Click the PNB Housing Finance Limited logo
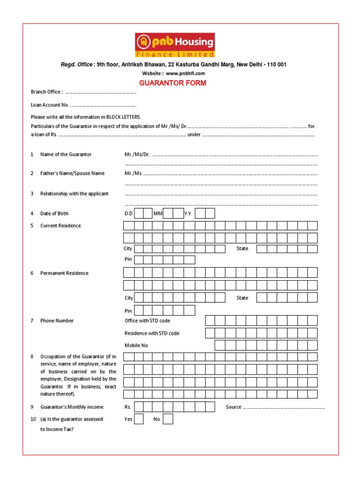[175, 45]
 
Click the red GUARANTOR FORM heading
[172, 83]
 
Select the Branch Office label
[46, 92]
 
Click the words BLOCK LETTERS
[123, 117]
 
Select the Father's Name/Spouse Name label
[72, 173]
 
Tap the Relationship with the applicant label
[74, 194]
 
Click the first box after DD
[139, 214]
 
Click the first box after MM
[168, 214]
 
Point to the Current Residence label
[60, 225]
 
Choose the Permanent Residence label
[64, 273]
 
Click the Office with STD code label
[147, 321]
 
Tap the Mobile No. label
[136, 345]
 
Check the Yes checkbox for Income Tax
[139, 419]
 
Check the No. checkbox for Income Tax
[168, 419]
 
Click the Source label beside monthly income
[233, 407]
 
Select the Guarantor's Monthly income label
[72, 407]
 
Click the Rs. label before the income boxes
[127, 407]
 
